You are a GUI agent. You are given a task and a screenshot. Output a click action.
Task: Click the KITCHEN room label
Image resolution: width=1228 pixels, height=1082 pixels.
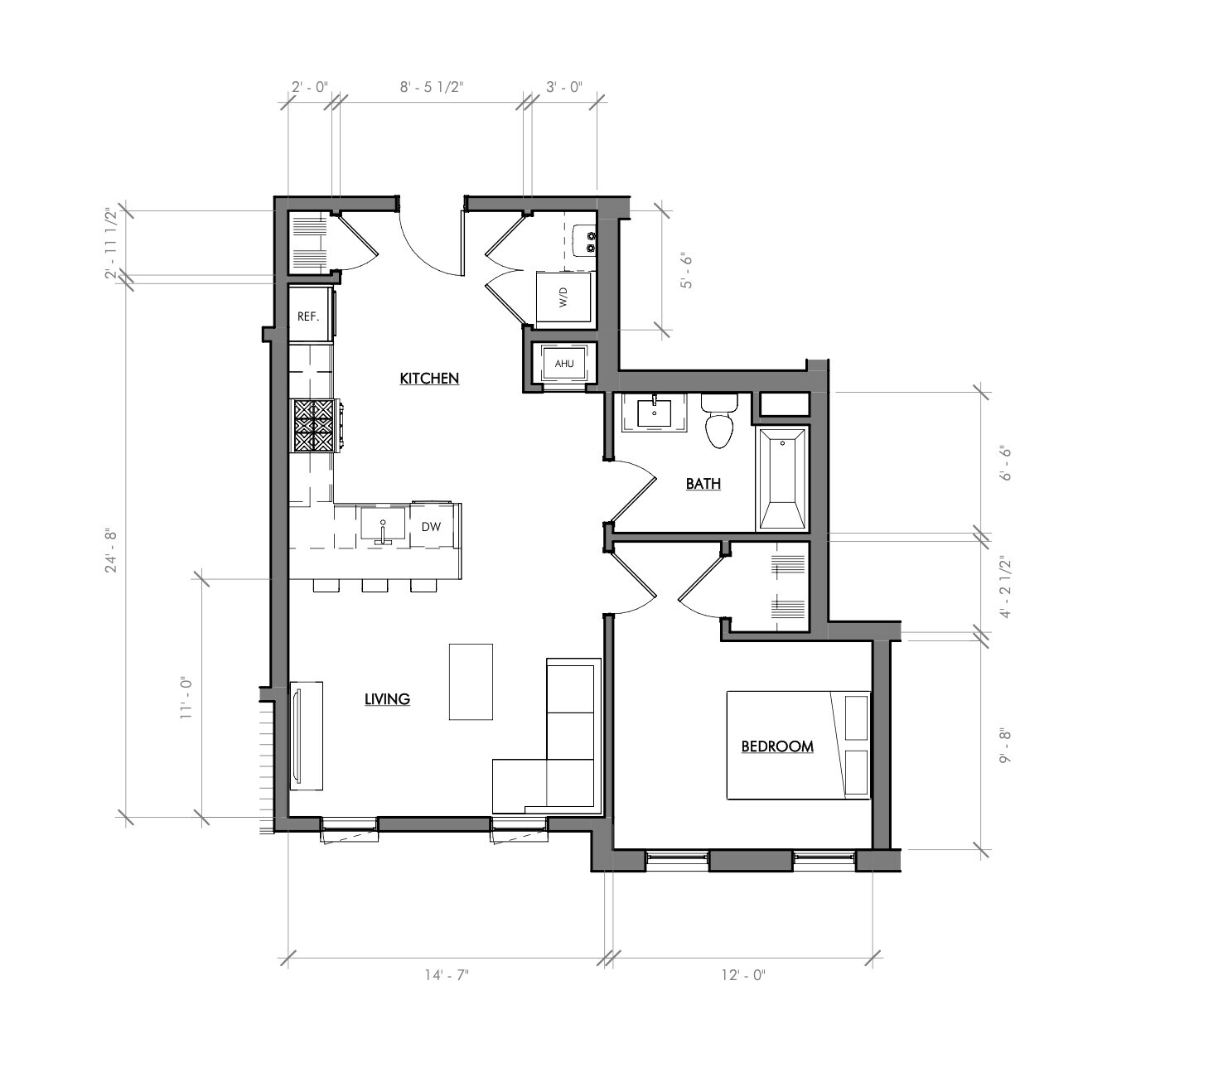[429, 379]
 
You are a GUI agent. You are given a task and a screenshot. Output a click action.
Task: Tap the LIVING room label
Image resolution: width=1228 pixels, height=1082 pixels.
[387, 699]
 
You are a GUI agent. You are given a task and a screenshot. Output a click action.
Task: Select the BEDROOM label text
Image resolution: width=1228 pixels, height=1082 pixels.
[776, 746]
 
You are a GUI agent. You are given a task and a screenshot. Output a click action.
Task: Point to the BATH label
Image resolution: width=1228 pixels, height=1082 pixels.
[703, 484]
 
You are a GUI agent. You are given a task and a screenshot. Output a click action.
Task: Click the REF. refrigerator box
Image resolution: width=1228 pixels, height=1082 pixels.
[309, 316]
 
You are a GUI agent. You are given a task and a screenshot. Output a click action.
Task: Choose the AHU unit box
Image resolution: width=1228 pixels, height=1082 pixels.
[563, 364]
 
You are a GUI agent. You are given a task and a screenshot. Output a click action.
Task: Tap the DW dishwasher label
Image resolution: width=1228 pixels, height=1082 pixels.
[431, 527]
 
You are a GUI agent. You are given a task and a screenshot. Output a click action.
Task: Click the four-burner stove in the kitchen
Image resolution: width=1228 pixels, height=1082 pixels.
[312, 426]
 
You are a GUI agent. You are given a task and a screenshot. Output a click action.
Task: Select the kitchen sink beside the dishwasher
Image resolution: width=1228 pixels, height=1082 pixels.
[383, 526]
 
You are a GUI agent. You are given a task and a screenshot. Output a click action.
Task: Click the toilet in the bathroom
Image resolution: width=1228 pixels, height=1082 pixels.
[718, 421]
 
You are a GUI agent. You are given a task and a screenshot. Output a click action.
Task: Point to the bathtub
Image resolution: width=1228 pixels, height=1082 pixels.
[781, 478]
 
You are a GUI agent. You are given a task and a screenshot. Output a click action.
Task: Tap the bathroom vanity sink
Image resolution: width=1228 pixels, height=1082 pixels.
[654, 413]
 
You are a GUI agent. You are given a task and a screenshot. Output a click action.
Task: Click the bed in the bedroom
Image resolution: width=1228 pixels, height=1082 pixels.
[797, 746]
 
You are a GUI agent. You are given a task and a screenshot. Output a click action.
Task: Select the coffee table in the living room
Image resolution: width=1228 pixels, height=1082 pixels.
[471, 682]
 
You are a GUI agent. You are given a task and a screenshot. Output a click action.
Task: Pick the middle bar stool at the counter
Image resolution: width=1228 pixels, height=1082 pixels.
[375, 587]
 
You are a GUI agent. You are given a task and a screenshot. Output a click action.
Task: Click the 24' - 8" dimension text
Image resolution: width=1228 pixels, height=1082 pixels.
[112, 550]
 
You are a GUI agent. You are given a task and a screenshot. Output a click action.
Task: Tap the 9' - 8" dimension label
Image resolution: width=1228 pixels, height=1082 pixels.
[1007, 746]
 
